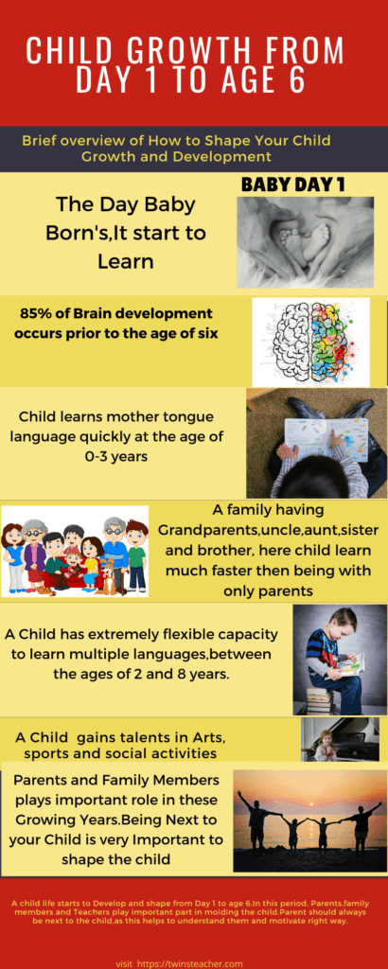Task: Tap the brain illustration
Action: click(310, 342)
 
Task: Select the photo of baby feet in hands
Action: click(304, 243)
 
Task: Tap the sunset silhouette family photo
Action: click(309, 820)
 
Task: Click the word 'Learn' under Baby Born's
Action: click(125, 258)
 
